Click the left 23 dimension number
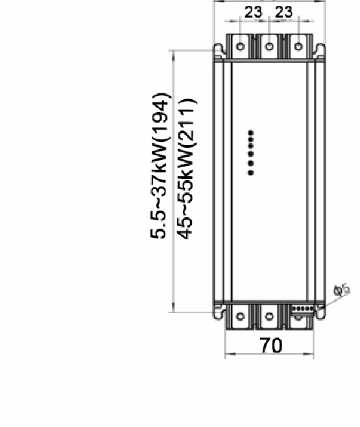(254, 12)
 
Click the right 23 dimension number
(284, 12)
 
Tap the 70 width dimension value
(271, 345)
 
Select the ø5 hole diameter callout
(342, 290)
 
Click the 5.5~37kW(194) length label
(160, 166)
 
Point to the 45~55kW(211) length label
(187, 168)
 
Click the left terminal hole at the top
(240, 47)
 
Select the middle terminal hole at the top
(269, 47)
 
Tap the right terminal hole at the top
(298, 47)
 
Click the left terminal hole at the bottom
(240, 316)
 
